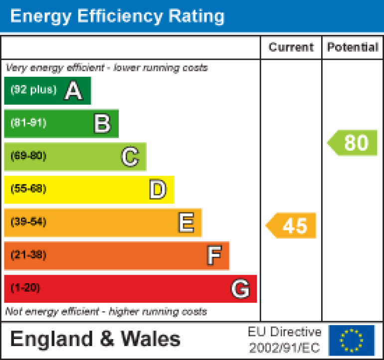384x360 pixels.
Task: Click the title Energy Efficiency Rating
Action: pos(117,16)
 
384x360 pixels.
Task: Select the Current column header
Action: pos(291,47)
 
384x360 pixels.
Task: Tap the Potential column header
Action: pos(353,47)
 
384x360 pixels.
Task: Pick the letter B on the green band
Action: pos(102,124)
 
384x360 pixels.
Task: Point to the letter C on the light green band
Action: pos(130,157)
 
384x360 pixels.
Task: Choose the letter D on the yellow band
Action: pos(158,190)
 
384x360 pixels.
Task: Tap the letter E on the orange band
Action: pos(186,223)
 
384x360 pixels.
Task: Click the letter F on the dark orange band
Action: pos(214,256)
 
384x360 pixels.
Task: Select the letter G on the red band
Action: pos(240,289)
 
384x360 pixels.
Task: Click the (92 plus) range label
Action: pos(33,90)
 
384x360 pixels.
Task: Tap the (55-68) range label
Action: pos(28,189)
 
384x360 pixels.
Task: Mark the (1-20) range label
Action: pos(25,288)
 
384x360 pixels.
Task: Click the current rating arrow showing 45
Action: pos(291,226)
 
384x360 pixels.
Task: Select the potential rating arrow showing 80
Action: pos(353,143)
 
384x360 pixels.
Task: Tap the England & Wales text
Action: pos(95,339)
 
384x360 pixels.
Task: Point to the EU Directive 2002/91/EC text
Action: pos(285,340)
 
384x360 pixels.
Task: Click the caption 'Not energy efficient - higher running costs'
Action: pos(106,312)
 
